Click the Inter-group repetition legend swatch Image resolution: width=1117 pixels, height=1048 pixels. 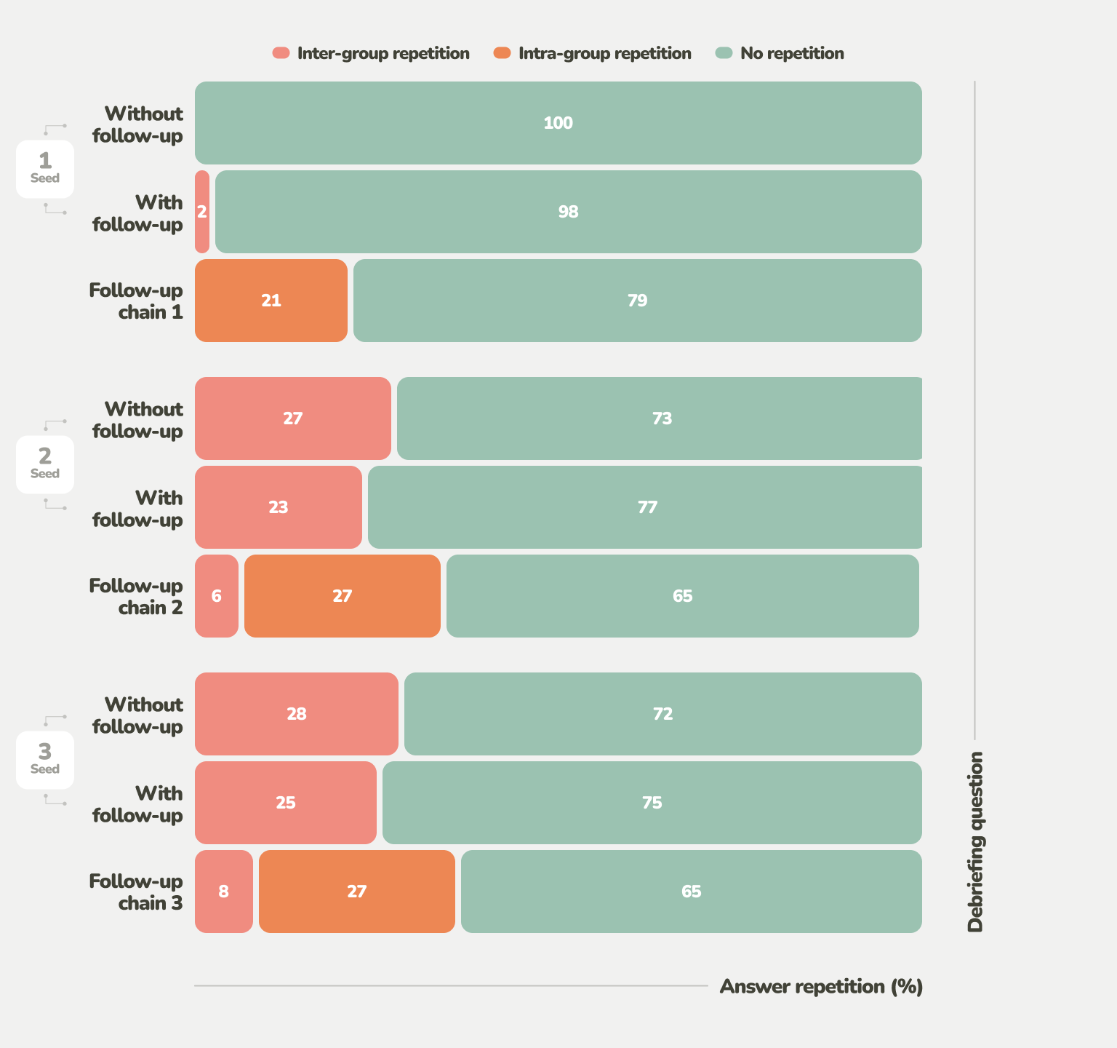(x=281, y=53)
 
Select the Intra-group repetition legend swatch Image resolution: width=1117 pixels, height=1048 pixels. (x=503, y=53)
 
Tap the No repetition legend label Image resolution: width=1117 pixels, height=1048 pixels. (x=792, y=53)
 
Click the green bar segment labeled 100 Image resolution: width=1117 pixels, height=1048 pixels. (x=558, y=123)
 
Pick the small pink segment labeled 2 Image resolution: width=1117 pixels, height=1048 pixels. (x=202, y=212)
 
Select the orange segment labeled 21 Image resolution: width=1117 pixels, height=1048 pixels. (x=271, y=301)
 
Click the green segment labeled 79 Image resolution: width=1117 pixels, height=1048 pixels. (x=637, y=301)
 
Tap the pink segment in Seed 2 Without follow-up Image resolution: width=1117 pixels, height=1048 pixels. (x=292, y=418)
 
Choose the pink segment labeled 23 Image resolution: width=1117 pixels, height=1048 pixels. (x=278, y=507)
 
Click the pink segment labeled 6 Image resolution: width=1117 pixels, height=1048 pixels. (x=216, y=596)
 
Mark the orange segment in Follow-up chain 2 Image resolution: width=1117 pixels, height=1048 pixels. (x=342, y=596)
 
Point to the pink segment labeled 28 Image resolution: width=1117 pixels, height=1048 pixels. (x=296, y=714)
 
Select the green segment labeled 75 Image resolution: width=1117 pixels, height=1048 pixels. (x=652, y=803)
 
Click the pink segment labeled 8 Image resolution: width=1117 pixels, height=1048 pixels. (x=223, y=892)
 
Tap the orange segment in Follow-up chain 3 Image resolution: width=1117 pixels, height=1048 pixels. (x=356, y=892)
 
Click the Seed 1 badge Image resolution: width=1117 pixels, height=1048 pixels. (x=45, y=169)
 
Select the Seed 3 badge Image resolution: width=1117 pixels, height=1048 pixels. (x=45, y=760)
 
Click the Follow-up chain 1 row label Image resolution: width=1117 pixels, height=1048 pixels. (x=136, y=301)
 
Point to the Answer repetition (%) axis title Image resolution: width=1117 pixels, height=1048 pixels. (x=821, y=987)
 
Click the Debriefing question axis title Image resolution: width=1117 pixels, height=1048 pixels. (x=975, y=842)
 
